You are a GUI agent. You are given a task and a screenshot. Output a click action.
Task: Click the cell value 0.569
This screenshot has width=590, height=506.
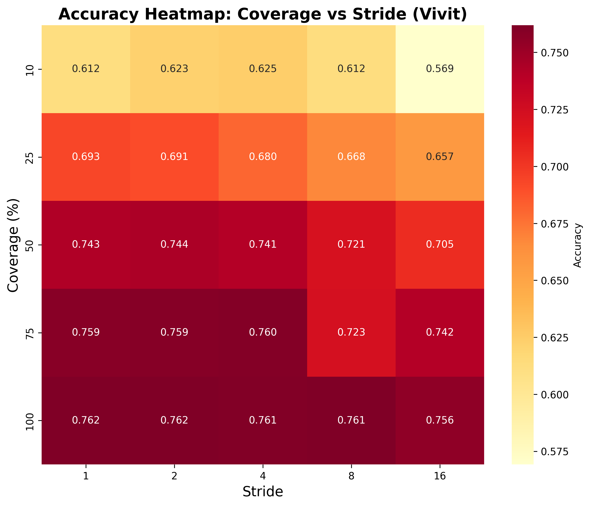coord(440,69)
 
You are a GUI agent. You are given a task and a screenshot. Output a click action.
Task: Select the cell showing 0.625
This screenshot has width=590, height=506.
coord(263,69)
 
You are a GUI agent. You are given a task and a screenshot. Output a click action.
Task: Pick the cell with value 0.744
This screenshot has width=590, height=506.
coord(174,245)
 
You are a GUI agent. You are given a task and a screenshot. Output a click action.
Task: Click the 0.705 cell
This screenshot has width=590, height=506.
coord(440,245)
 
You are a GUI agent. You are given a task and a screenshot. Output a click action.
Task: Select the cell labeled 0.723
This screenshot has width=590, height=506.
coord(351,333)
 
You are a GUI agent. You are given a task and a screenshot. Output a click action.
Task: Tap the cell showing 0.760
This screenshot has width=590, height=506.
coord(263,333)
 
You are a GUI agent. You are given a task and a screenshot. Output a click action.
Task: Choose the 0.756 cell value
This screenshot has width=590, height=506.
coord(440,421)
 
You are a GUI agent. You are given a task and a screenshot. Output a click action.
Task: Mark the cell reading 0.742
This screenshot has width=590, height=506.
coord(440,333)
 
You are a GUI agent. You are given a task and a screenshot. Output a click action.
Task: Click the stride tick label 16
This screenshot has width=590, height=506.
coord(440,477)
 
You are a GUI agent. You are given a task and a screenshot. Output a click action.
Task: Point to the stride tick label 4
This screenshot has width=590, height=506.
coord(263,477)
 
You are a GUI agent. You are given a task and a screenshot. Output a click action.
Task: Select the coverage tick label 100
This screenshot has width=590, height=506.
coord(30,421)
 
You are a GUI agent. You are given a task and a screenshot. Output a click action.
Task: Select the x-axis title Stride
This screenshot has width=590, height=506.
coord(263,492)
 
